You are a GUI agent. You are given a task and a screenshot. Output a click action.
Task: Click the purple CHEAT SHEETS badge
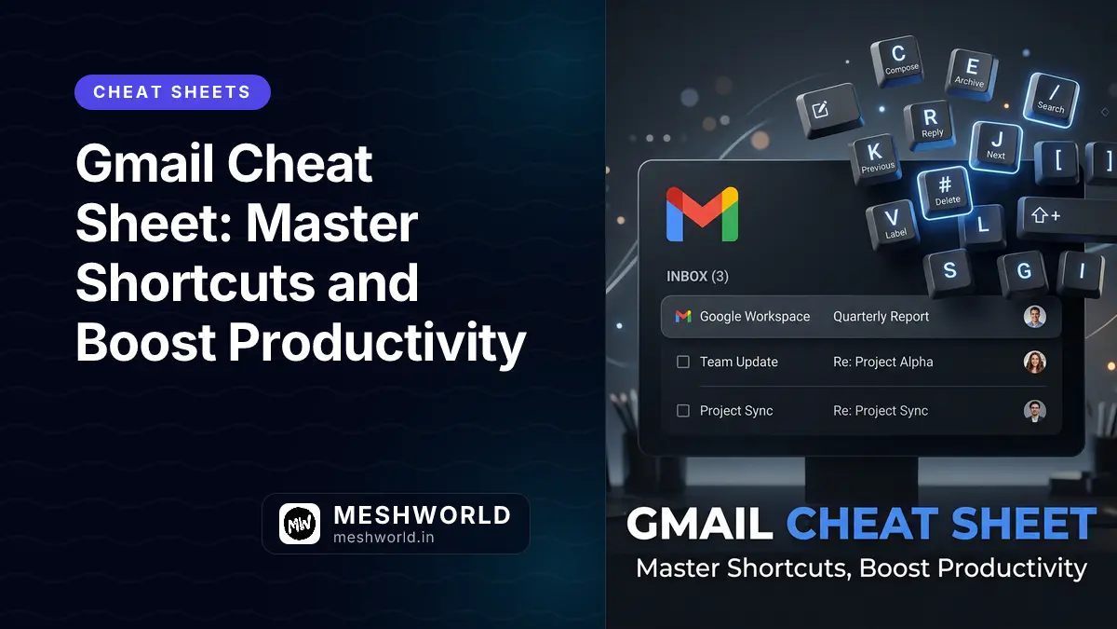(172, 92)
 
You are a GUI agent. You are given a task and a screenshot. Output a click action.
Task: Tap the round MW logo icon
(300, 525)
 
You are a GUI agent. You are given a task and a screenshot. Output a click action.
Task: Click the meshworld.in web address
(384, 537)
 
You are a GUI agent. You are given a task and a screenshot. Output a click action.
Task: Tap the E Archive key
(971, 72)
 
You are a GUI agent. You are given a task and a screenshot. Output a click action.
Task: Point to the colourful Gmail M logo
(702, 214)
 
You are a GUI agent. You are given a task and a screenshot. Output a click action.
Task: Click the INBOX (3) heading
(697, 277)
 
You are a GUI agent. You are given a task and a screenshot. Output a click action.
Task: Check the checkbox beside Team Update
(683, 362)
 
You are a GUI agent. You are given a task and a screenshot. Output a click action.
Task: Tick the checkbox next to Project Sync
(683, 411)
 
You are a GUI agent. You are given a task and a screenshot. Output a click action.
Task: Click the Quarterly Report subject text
(881, 317)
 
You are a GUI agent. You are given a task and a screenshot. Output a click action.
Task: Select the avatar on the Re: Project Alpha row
(1034, 362)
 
